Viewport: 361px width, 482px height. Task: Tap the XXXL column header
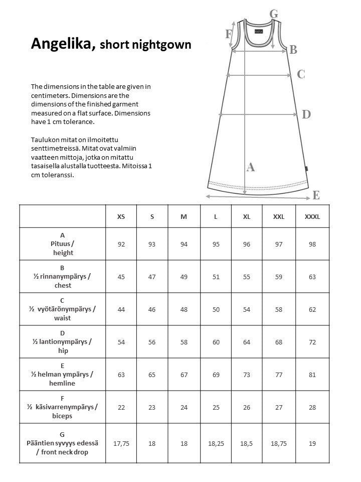(312, 216)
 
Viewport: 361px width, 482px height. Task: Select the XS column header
(121, 216)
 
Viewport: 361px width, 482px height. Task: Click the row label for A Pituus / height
(63, 244)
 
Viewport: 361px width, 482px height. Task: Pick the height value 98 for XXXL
(312, 244)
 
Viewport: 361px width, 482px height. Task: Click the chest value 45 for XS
(121, 277)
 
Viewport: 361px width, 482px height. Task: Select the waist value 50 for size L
(216, 309)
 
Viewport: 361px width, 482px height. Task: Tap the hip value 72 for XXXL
(312, 342)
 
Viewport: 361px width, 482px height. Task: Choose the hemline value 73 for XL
(247, 375)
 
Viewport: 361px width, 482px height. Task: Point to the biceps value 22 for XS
(121, 407)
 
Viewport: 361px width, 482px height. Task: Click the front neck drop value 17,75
(121, 443)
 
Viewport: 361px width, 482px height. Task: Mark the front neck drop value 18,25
(216, 443)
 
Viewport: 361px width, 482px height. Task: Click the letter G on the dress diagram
(274, 14)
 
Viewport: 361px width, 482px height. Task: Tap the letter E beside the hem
(316, 195)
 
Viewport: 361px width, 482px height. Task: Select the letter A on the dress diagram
(251, 168)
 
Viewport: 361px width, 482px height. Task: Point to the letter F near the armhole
(229, 34)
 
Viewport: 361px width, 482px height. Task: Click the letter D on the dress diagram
(306, 114)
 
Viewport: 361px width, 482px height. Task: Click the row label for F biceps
(63, 407)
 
